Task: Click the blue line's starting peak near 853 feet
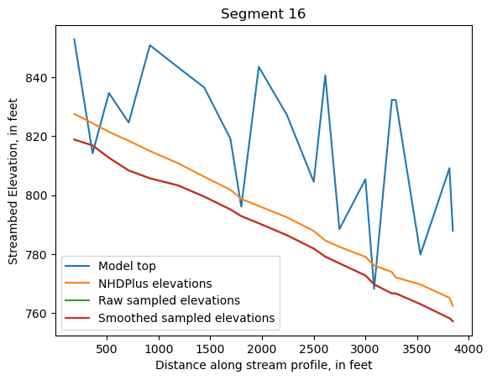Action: pyautogui.click(x=74, y=39)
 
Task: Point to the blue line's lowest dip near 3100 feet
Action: pyautogui.click(x=374, y=289)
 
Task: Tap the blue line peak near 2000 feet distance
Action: pyautogui.click(x=259, y=67)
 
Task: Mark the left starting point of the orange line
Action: pyautogui.click(x=74, y=113)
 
